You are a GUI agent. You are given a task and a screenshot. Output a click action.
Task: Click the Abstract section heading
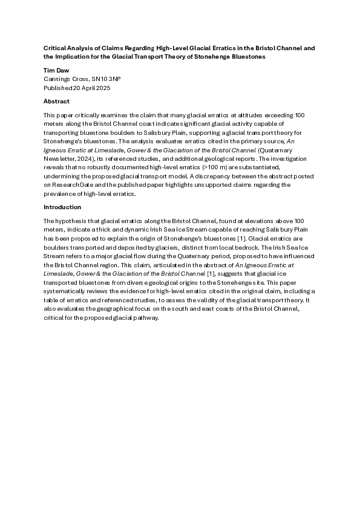(56, 102)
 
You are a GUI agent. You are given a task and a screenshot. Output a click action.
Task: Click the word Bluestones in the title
(245, 57)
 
